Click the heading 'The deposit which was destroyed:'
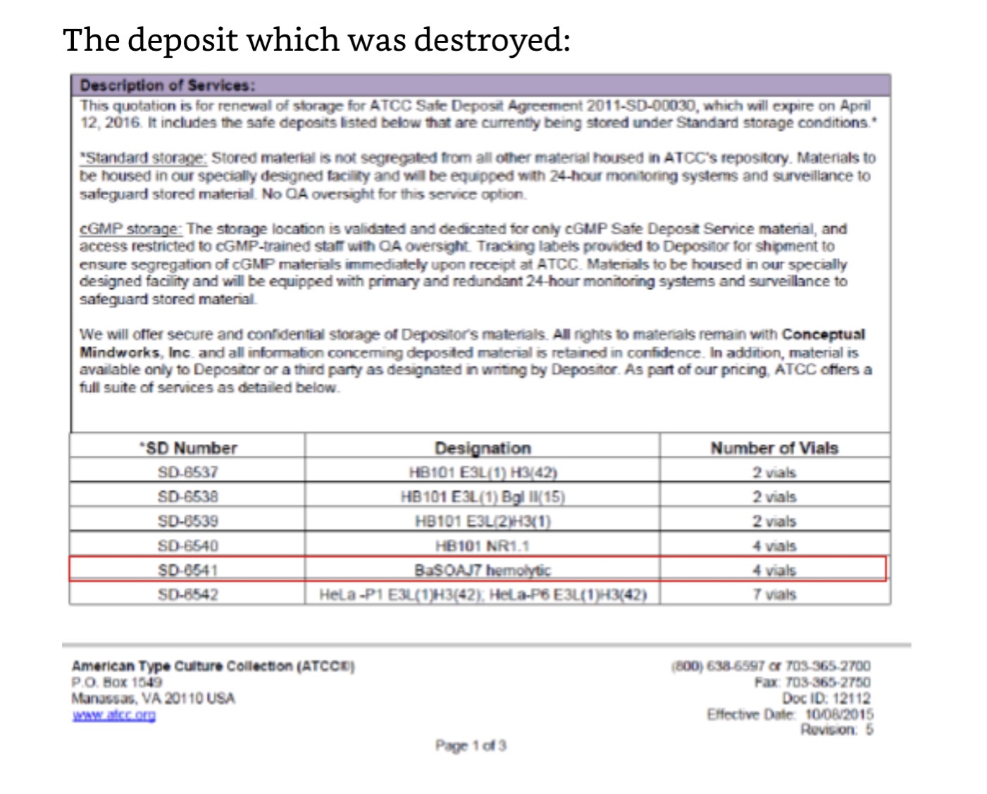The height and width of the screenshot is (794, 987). (316, 39)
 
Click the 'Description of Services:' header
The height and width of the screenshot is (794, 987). (167, 85)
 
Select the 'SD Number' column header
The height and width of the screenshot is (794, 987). (188, 448)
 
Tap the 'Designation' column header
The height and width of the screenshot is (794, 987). (483, 448)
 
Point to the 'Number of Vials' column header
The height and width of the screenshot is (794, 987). (774, 448)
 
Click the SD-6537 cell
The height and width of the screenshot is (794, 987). (188, 472)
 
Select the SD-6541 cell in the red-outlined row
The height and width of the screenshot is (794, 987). (188, 570)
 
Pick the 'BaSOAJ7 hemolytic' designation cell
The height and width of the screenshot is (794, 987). (483, 570)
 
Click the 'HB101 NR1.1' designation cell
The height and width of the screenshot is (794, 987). (483, 545)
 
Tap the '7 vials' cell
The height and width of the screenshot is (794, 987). (774, 595)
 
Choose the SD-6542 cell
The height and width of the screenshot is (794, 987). (188, 595)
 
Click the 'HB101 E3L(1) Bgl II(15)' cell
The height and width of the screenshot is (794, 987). (483, 497)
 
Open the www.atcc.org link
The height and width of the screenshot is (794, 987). (113, 716)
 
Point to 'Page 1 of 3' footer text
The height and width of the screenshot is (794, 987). (471, 745)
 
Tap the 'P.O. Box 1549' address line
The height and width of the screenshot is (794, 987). (116, 682)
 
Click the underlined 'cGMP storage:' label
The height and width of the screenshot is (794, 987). (131, 229)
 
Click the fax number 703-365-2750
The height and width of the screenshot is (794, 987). (827, 682)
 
